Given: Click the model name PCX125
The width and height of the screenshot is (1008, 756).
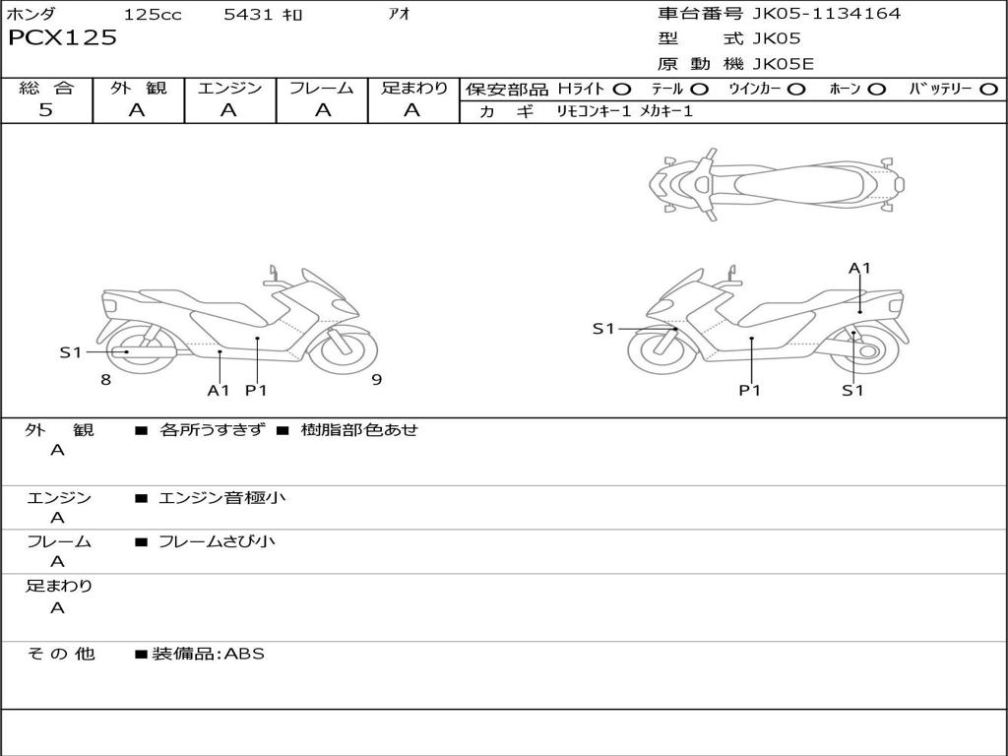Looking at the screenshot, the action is tap(62, 37).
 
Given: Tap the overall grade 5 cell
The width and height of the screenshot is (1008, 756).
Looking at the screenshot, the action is tap(46, 110).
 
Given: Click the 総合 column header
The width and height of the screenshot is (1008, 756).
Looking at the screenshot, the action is tap(46, 88).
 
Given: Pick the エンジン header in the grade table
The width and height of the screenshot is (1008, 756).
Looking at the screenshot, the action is tap(229, 88).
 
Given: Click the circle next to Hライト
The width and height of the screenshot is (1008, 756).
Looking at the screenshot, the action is tap(622, 89).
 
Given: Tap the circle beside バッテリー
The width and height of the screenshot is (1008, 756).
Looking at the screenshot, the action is tap(989, 89).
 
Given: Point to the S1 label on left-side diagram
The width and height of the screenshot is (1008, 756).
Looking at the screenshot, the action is tap(70, 351).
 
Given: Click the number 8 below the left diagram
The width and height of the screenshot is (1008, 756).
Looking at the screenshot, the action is tap(105, 380).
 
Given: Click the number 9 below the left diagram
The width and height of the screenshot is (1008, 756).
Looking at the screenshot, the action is tap(376, 380).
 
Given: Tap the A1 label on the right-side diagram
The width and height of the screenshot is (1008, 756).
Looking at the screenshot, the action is tap(859, 268).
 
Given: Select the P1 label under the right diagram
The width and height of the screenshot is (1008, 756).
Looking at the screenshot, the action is tap(751, 390).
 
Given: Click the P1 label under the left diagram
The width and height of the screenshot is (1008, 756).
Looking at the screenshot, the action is tap(256, 390).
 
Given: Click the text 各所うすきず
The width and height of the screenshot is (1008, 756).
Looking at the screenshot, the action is tap(212, 430).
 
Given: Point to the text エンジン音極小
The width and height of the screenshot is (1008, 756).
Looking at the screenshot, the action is tap(222, 497).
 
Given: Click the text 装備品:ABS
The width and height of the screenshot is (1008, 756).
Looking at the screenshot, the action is tap(208, 653).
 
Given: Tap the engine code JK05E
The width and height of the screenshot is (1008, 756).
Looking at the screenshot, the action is tap(783, 64).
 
